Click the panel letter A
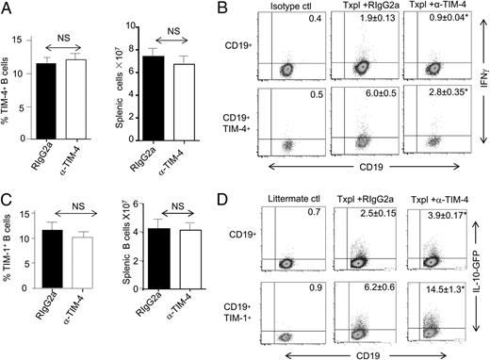pyautogui.click(x=8, y=8)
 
